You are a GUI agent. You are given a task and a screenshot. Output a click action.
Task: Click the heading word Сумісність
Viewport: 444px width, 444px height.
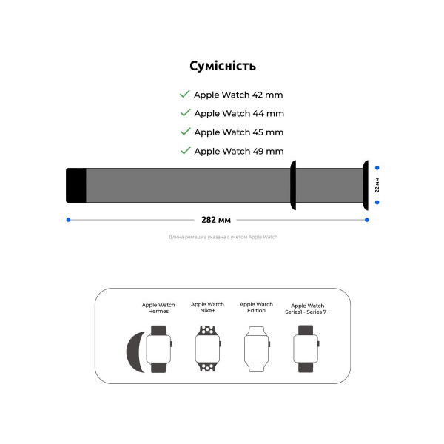coord(223,66)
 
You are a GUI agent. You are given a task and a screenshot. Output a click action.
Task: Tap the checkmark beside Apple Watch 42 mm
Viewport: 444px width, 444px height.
coord(184,95)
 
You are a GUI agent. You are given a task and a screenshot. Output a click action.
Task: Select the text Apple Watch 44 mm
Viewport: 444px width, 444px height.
coord(238,114)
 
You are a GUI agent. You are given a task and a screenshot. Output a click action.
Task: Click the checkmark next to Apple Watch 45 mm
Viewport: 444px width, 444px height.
coord(184,132)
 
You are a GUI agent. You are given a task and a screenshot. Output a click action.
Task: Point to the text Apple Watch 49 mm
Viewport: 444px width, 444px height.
coord(238,152)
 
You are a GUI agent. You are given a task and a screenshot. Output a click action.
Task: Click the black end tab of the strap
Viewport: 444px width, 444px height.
coord(76,184)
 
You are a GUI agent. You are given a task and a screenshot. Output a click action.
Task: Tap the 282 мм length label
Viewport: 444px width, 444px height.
coord(216,220)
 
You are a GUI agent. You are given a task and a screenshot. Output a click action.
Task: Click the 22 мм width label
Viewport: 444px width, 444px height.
coord(377,185)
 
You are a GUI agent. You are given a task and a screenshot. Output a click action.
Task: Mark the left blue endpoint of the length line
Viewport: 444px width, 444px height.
coord(68,220)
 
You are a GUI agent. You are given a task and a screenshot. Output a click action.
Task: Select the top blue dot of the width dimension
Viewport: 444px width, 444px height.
coord(377,167)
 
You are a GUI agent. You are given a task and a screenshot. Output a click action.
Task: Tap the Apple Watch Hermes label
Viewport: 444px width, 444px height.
coord(158,308)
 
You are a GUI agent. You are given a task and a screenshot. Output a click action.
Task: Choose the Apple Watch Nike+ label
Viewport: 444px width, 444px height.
coord(207,308)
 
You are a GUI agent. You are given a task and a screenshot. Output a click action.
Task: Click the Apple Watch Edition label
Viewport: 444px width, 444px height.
coord(256,308)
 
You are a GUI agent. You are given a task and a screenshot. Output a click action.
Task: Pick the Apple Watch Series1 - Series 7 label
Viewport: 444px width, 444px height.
coord(308,309)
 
